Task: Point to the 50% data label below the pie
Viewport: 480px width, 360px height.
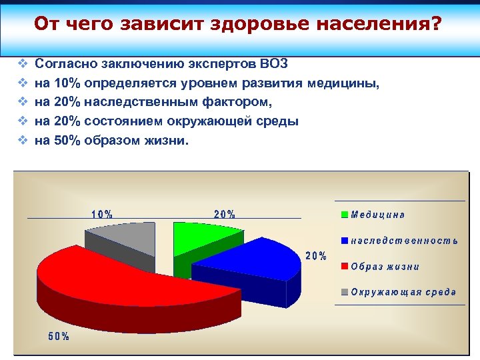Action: tap(59, 336)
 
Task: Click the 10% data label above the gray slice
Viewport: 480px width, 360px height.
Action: tap(102, 215)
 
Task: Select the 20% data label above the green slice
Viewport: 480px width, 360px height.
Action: tap(225, 215)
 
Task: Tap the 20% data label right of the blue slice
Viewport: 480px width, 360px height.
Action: tap(316, 256)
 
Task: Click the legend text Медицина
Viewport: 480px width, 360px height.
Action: tap(378, 215)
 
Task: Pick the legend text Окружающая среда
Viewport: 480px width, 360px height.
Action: tap(404, 292)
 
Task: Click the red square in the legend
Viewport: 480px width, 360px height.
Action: tap(345, 267)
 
